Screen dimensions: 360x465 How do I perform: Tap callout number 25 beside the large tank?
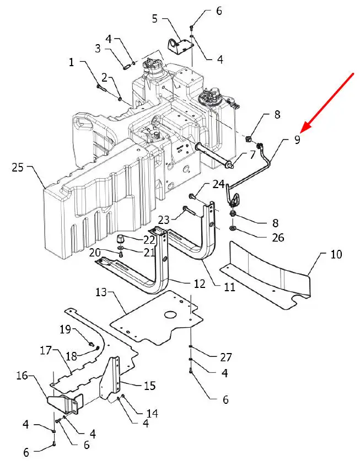(x=18, y=168)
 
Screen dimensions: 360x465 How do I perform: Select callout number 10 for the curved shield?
(x=336, y=254)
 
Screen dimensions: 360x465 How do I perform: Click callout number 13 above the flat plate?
(x=101, y=292)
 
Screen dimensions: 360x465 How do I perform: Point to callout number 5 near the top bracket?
(x=155, y=19)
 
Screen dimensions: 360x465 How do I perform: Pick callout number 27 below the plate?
(x=226, y=357)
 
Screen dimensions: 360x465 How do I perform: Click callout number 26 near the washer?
(x=278, y=238)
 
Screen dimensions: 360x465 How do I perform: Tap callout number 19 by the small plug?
(x=66, y=329)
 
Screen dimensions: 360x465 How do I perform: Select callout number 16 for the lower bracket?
(x=22, y=376)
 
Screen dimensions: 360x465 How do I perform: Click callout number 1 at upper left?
(x=71, y=62)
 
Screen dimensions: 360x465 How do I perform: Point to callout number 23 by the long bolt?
(x=163, y=220)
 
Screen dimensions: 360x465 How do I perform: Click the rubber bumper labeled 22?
(x=121, y=239)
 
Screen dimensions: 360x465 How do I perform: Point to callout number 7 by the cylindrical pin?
(x=252, y=154)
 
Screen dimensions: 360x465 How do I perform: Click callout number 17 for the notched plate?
(x=46, y=350)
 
